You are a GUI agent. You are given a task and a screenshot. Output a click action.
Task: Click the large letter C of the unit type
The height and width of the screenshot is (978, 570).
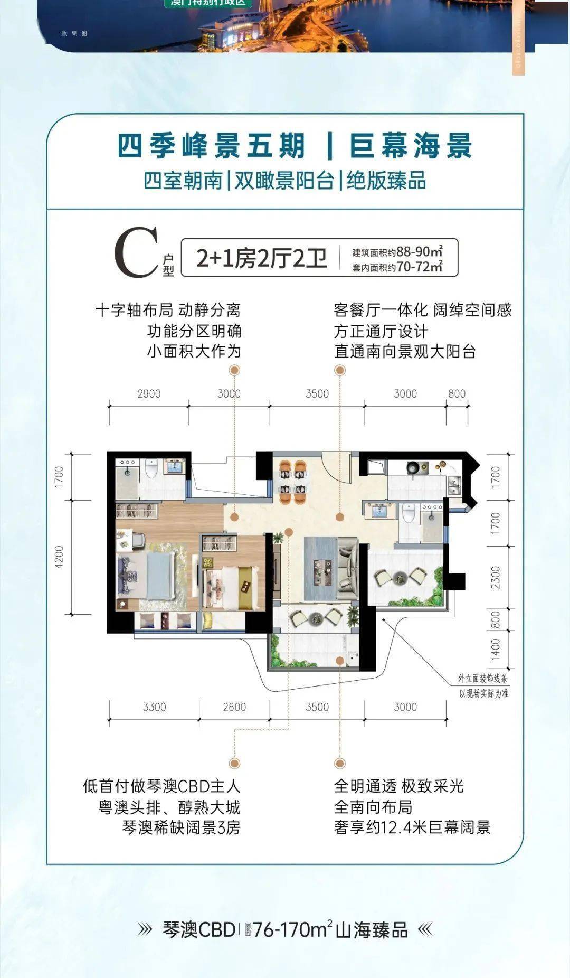[x=136, y=252]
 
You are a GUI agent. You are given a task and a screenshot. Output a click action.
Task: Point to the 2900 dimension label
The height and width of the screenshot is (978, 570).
[x=149, y=393]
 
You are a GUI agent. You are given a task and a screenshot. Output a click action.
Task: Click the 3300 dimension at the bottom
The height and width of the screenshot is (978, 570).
[x=154, y=707]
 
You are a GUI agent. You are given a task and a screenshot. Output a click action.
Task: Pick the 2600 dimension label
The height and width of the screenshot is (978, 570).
[x=234, y=707]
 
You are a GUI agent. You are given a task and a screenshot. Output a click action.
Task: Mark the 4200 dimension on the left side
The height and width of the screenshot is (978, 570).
[x=59, y=557]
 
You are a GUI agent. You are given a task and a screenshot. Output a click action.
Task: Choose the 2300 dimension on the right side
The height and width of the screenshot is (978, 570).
[x=495, y=578]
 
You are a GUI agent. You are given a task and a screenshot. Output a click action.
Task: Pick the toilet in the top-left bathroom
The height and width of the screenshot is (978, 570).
[x=152, y=467]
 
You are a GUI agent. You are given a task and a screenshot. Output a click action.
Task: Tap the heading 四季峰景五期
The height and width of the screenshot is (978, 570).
[x=211, y=146]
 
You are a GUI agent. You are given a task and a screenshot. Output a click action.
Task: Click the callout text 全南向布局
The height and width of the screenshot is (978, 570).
[x=373, y=807]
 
